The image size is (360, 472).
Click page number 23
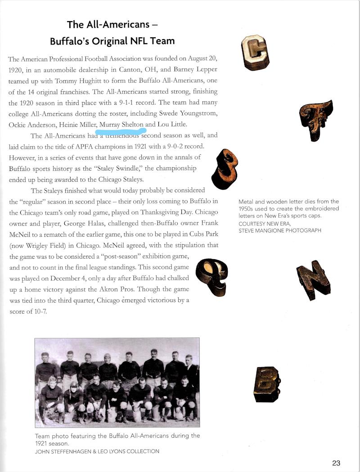[x=336, y=463]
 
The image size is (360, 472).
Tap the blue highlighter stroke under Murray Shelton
[x=121, y=131]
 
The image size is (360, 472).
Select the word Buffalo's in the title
[x=74, y=41]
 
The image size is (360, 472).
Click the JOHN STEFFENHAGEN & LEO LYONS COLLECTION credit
[x=97, y=451]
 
